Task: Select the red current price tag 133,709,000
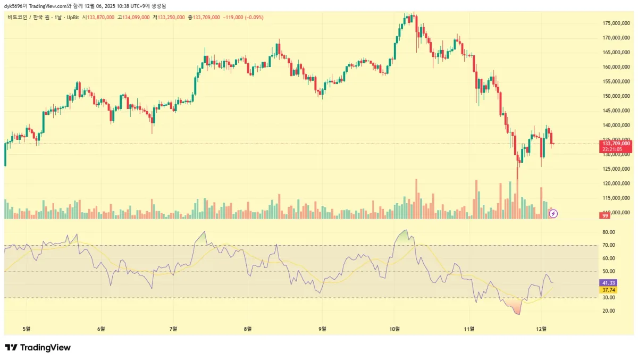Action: pyautogui.click(x=616, y=144)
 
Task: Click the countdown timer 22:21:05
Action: pyautogui.click(x=612, y=149)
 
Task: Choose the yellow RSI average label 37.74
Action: pyautogui.click(x=608, y=290)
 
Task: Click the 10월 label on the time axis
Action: pyautogui.click(x=394, y=329)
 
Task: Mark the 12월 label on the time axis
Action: pyautogui.click(x=541, y=329)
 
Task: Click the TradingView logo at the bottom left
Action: pyautogui.click(x=38, y=347)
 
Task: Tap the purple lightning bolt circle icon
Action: pyautogui.click(x=553, y=214)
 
